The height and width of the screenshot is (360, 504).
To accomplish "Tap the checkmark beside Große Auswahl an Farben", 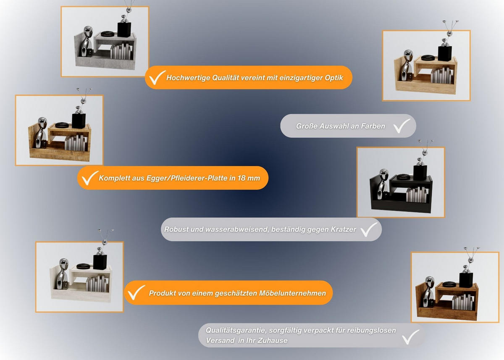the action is coord(402,126).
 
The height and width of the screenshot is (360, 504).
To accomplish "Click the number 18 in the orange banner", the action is coord(241,178).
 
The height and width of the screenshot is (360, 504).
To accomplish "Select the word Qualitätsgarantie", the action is coord(236,331).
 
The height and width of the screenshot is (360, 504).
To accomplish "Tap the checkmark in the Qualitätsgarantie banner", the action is coord(411,337).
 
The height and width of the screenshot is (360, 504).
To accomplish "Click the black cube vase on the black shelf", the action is coord(420,173).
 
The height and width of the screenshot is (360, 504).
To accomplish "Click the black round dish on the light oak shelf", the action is coord(428,58).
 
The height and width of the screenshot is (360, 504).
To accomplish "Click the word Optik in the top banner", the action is coord(334,78).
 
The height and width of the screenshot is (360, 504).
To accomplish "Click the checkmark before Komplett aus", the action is coord(90,178).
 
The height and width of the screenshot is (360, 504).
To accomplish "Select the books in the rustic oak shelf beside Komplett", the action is coord(76,143).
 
